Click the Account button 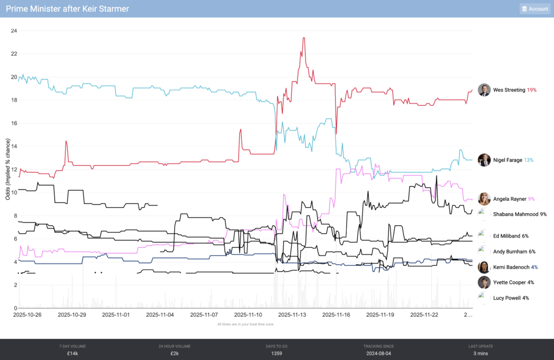535,9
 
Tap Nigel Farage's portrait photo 484,160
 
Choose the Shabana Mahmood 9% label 519,214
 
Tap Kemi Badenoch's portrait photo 484,267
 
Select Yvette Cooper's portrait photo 484,282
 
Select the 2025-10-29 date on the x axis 72,315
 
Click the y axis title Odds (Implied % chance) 8,169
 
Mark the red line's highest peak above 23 304,38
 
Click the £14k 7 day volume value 72,354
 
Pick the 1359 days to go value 276,354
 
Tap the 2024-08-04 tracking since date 378,354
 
